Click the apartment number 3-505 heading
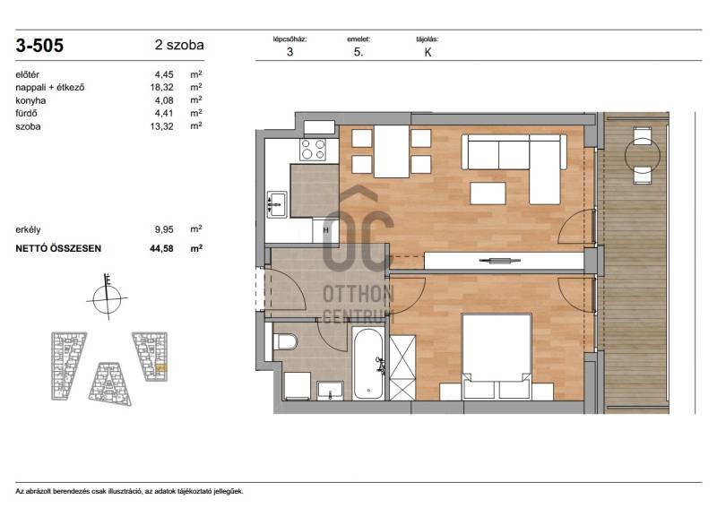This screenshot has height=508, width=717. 39,46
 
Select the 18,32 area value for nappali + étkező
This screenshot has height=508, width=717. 162,87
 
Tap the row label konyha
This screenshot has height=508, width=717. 30,100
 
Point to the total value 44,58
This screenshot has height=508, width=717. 161,249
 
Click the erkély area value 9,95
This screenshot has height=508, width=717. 164,230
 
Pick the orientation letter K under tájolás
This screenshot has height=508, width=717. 428,52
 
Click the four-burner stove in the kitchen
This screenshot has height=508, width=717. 313,149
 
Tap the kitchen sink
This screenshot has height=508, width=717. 277,204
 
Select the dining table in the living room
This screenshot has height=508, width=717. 392,151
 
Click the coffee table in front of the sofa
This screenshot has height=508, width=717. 488,193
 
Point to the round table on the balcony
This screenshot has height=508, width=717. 643,156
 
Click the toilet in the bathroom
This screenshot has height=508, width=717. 285,341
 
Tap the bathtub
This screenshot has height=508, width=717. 368,363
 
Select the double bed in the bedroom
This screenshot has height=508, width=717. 497,357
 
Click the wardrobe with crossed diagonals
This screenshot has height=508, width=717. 402,367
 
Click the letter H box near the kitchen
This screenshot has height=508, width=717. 325,230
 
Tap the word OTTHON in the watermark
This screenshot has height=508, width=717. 358,294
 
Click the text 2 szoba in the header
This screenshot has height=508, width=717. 179,46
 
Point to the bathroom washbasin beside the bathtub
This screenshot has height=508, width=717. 330,390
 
